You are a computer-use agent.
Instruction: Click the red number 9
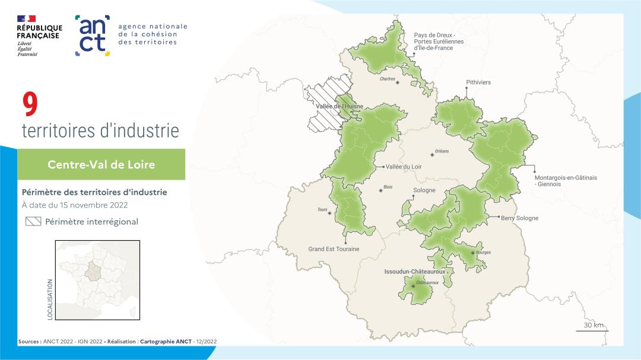pos(30,104)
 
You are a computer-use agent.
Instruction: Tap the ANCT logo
pos(93,36)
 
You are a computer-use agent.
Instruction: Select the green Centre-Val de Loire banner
pos(101,164)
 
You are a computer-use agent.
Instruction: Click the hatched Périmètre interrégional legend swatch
pos(33,222)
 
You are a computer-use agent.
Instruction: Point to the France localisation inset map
pos(97,281)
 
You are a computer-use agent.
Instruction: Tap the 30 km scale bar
pos(592,329)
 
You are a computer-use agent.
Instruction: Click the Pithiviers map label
pos(478,82)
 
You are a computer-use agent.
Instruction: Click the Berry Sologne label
pos(519,218)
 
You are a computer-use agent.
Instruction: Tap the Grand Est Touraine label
pos(334,249)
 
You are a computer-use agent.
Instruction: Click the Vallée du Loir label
pos(403,167)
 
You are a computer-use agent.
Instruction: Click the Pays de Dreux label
pos(439,42)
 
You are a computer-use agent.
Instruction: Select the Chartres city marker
pos(397,83)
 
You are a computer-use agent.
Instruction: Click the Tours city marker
pos(330,213)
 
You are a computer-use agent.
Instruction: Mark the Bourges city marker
pos(472,253)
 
